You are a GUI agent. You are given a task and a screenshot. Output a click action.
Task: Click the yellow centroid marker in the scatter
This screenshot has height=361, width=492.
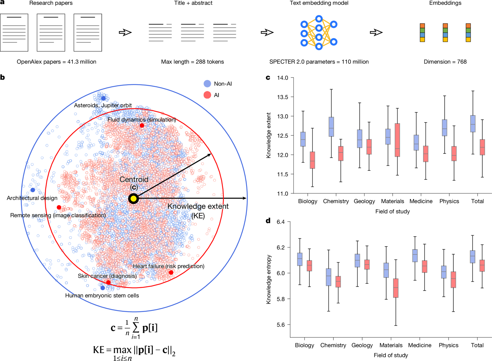pyautogui.click(x=133, y=199)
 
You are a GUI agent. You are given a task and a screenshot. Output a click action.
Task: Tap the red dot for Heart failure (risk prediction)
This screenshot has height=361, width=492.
pyautogui.click(x=171, y=272)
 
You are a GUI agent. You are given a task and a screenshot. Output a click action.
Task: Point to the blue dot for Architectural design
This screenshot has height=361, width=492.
pyautogui.click(x=33, y=190)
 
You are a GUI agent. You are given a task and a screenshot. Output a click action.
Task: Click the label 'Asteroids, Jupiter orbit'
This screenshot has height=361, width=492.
pyautogui.click(x=103, y=105)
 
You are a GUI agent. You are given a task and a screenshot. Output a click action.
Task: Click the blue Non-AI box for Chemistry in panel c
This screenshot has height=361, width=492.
pyautogui.click(x=331, y=127)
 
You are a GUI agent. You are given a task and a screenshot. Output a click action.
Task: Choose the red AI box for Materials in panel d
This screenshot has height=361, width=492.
pyautogui.click(x=396, y=288)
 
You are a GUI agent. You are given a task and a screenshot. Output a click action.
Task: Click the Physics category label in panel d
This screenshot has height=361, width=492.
pyautogui.click(x=449, y=345)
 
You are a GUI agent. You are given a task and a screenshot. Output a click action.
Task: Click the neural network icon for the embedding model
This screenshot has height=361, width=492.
pyautogui.click(x=319, y=32)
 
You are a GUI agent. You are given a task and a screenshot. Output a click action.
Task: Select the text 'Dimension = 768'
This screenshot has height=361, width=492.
pyautogui.click(x=445, y=62)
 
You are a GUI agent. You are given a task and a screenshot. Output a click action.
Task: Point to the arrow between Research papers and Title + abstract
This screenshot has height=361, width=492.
pyautogui.click(x=125, y=32)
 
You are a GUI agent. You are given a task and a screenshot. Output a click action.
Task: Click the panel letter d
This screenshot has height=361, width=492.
pyautogui.click(x=268, y=221)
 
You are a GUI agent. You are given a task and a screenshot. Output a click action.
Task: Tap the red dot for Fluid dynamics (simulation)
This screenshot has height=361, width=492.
pyautogui.click(x=142, y=125)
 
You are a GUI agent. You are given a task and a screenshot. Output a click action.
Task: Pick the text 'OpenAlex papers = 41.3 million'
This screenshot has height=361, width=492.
pyautogui.click(x=56, y=62)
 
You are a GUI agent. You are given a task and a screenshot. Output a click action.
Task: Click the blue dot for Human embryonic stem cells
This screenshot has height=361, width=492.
pyautogui.click(x=102, y=288)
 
